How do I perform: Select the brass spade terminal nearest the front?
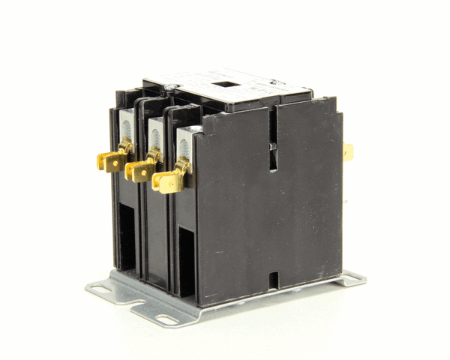[167, 180]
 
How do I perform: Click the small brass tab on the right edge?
[348, 151]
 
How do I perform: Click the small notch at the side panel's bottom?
[273, 280]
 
